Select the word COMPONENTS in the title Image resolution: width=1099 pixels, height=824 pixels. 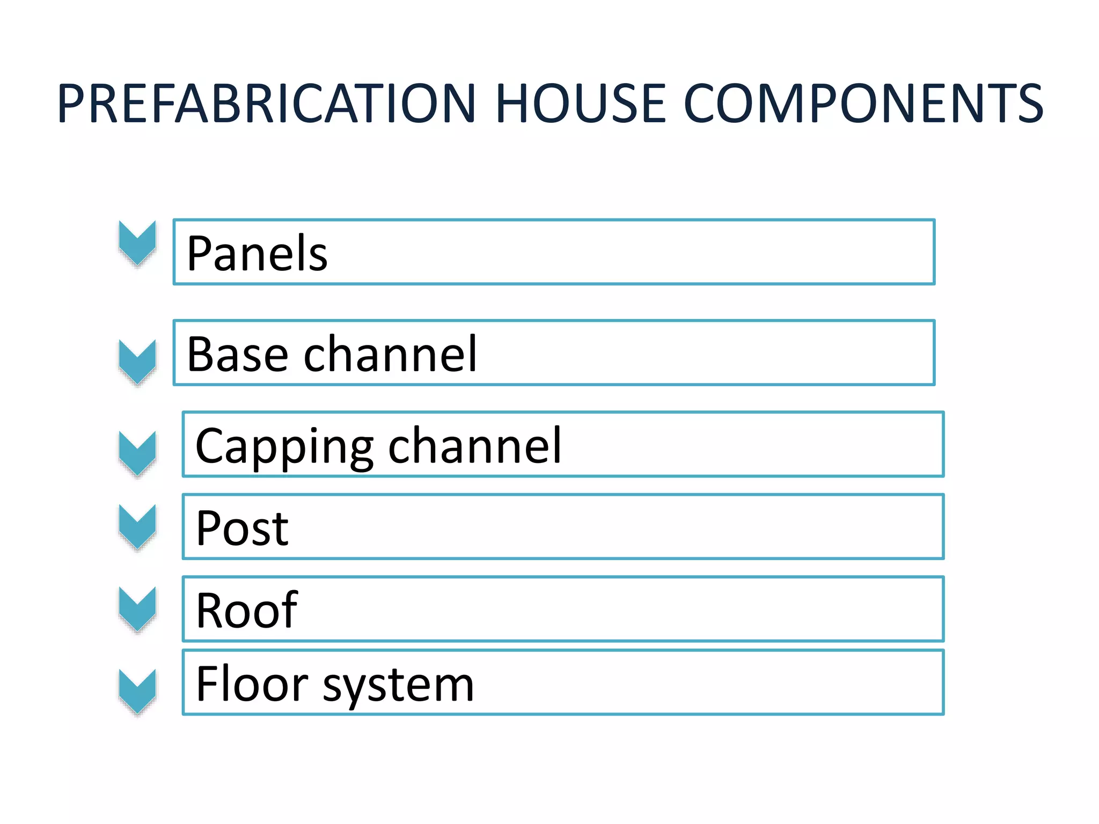863,104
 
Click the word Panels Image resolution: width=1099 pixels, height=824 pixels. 257,253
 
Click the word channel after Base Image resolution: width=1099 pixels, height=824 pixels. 390,354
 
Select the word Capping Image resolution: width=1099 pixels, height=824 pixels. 284,446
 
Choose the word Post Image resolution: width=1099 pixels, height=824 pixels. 243,528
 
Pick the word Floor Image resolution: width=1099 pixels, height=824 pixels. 252,684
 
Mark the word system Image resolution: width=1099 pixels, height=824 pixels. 398,686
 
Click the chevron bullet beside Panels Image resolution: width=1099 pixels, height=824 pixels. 137,243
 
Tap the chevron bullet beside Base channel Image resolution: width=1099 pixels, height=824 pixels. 137,362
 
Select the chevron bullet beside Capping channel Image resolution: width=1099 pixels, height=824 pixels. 137,453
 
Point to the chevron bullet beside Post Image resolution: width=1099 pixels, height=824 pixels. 137,526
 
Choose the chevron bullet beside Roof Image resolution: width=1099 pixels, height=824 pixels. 137,608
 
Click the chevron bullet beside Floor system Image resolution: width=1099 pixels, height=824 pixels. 137,691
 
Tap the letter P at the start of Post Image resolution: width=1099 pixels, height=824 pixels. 208,528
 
